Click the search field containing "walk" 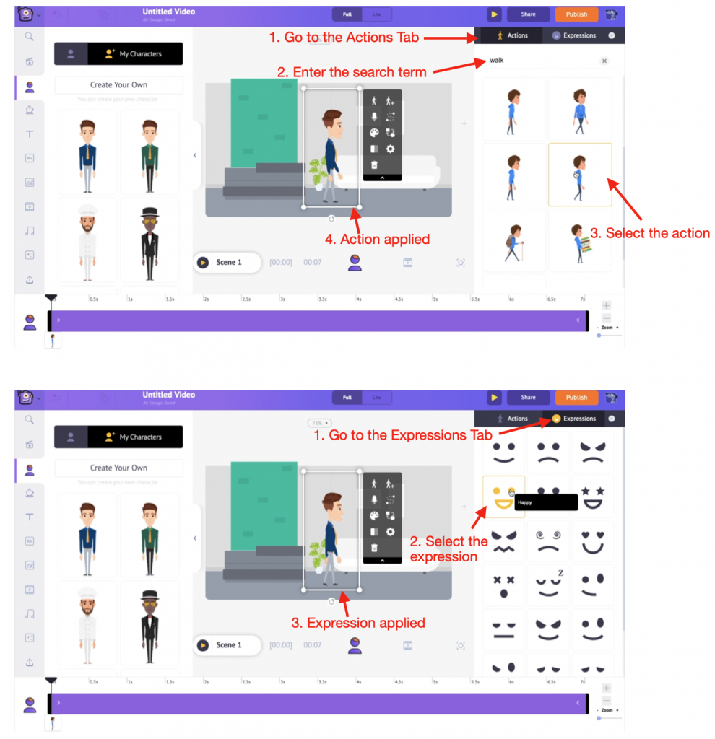tap(542, 61)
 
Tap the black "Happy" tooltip tap(545, 502)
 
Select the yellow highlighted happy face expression tap(503, 497)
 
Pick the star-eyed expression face tap(592, 497)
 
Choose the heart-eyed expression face tap(592, 541)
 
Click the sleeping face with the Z tap(548, 585)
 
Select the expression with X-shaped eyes tap(503, 585)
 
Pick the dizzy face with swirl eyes tap(548, 541)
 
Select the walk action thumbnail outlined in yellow tap(580, 175)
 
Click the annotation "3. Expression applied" tap(358, 623)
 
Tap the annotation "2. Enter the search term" tap(352, 71)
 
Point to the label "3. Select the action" tap(657, 233)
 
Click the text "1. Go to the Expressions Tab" tap(402, 435)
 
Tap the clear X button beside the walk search tap(604, 61)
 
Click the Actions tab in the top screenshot tap(511, 35)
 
